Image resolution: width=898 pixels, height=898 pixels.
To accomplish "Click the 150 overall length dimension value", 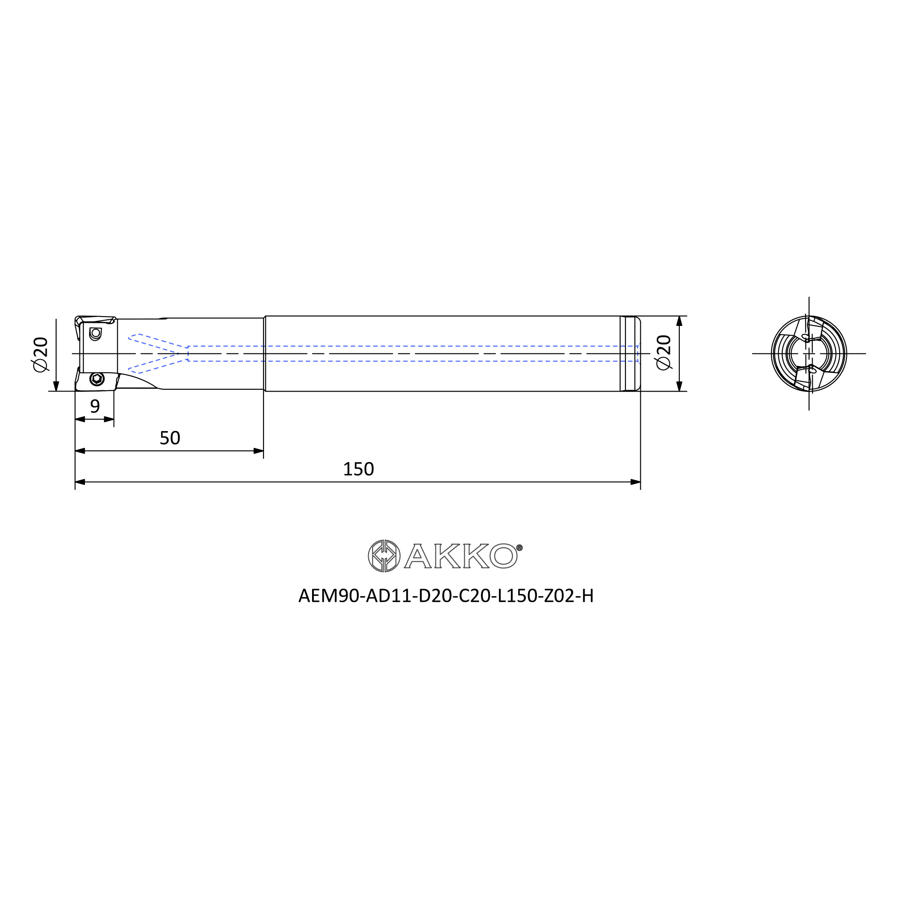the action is point(358,469).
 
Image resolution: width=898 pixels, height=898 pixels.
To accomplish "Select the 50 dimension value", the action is point(170,438).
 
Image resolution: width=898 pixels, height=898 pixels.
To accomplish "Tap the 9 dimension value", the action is point(95,406).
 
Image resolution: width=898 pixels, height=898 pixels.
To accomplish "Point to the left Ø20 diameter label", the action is point(40,354).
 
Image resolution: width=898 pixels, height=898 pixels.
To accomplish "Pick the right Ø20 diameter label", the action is point(664,352).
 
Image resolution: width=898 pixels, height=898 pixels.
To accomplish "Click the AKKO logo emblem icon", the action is point(384,556).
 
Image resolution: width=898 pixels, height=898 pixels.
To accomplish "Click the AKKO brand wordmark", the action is point(461,556).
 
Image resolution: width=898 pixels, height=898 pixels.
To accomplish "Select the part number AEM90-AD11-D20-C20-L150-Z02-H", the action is point(446,596).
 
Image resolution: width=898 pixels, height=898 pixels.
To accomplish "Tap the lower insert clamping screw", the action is point(97,379).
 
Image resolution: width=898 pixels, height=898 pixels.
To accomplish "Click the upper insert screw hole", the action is point(95,333).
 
